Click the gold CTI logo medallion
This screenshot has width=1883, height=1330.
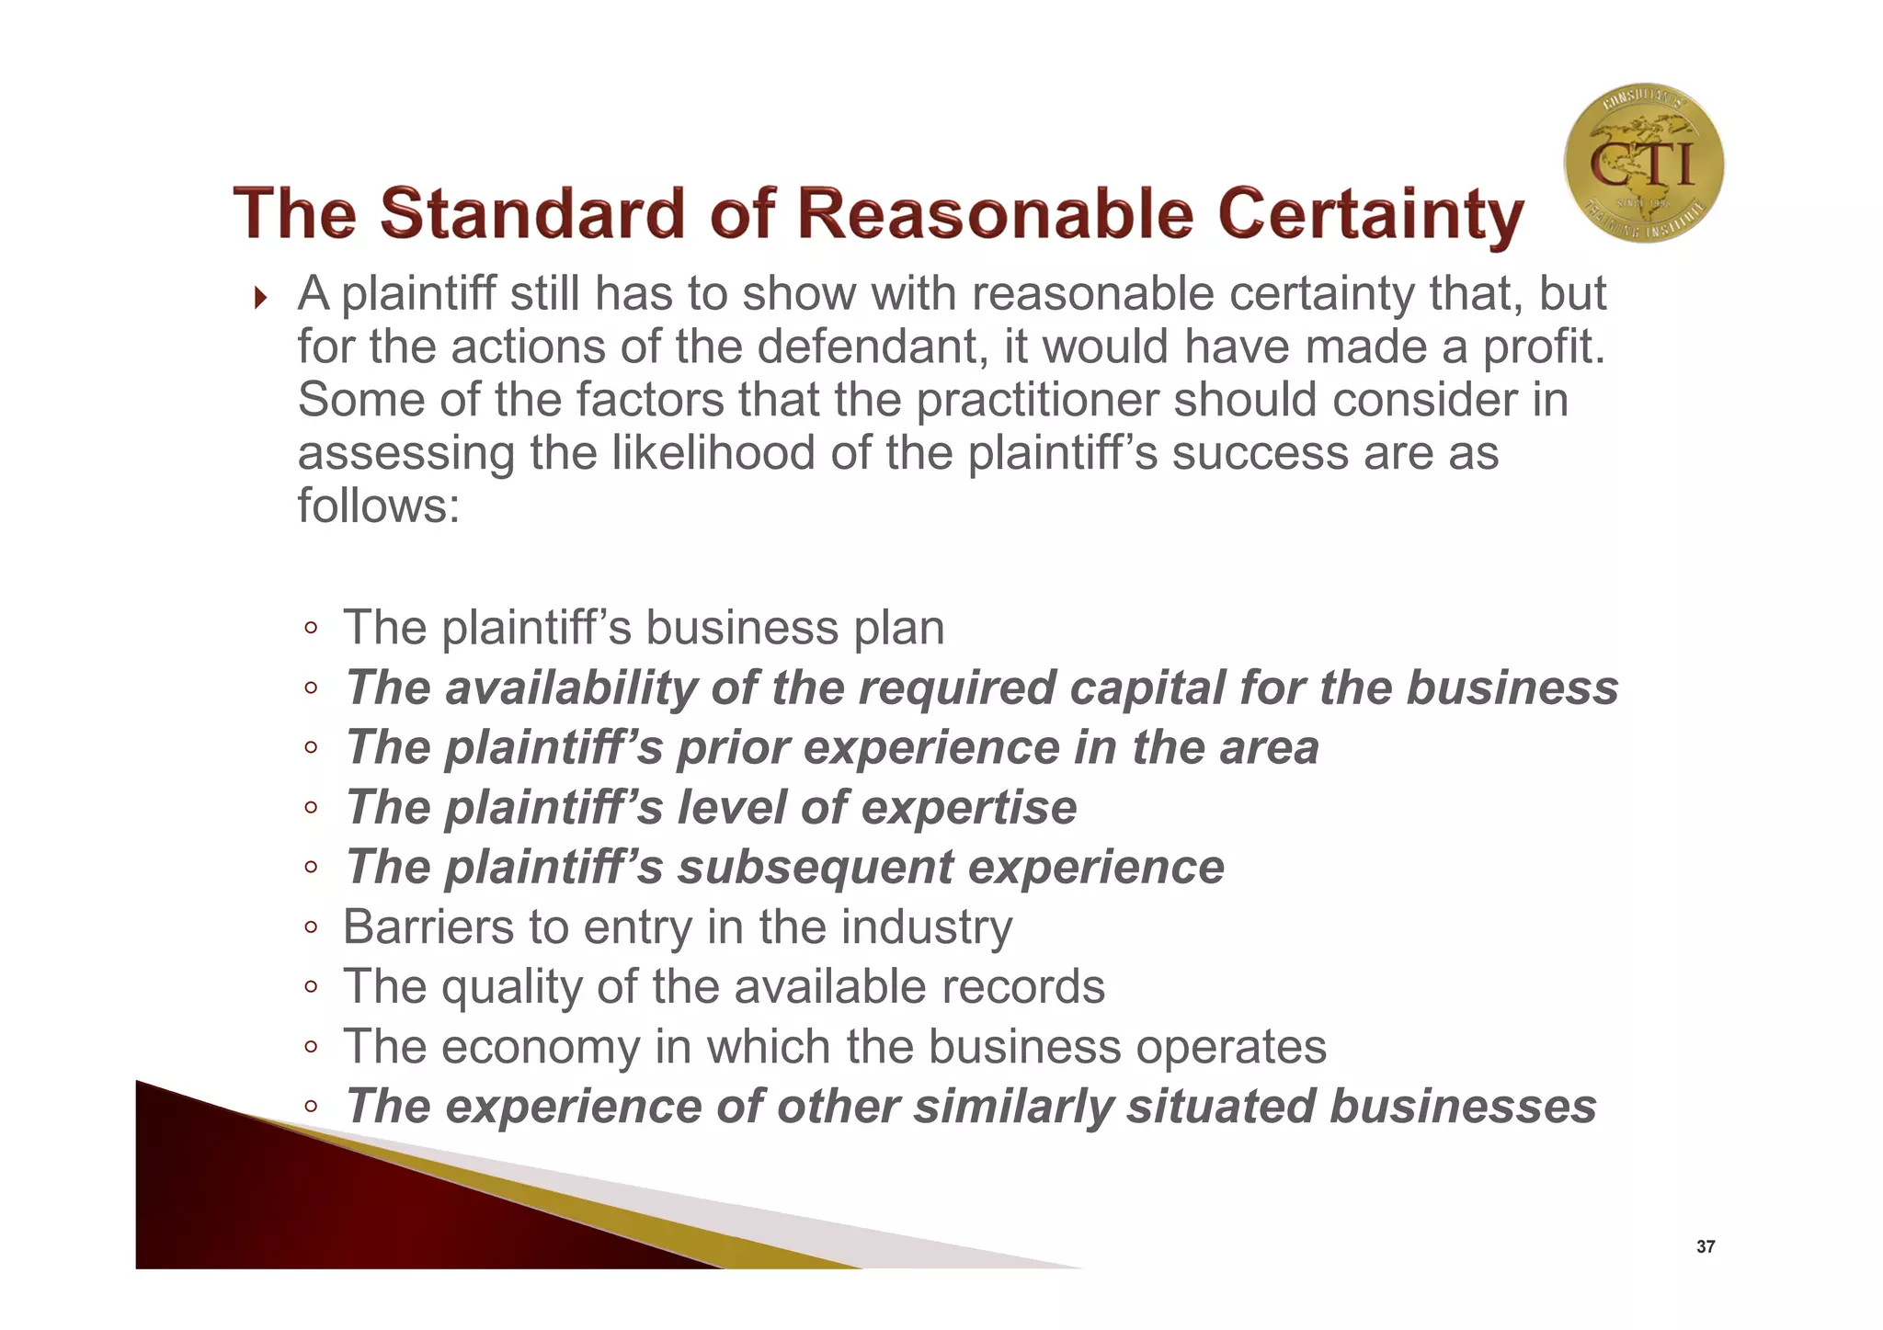[1643, 163]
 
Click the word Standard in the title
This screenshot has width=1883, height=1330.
[532, 213]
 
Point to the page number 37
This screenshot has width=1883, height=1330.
[1705, 1247]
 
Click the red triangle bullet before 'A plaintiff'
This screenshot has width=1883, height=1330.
[261, 298]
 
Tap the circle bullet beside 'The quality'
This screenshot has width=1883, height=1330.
[311, 987]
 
